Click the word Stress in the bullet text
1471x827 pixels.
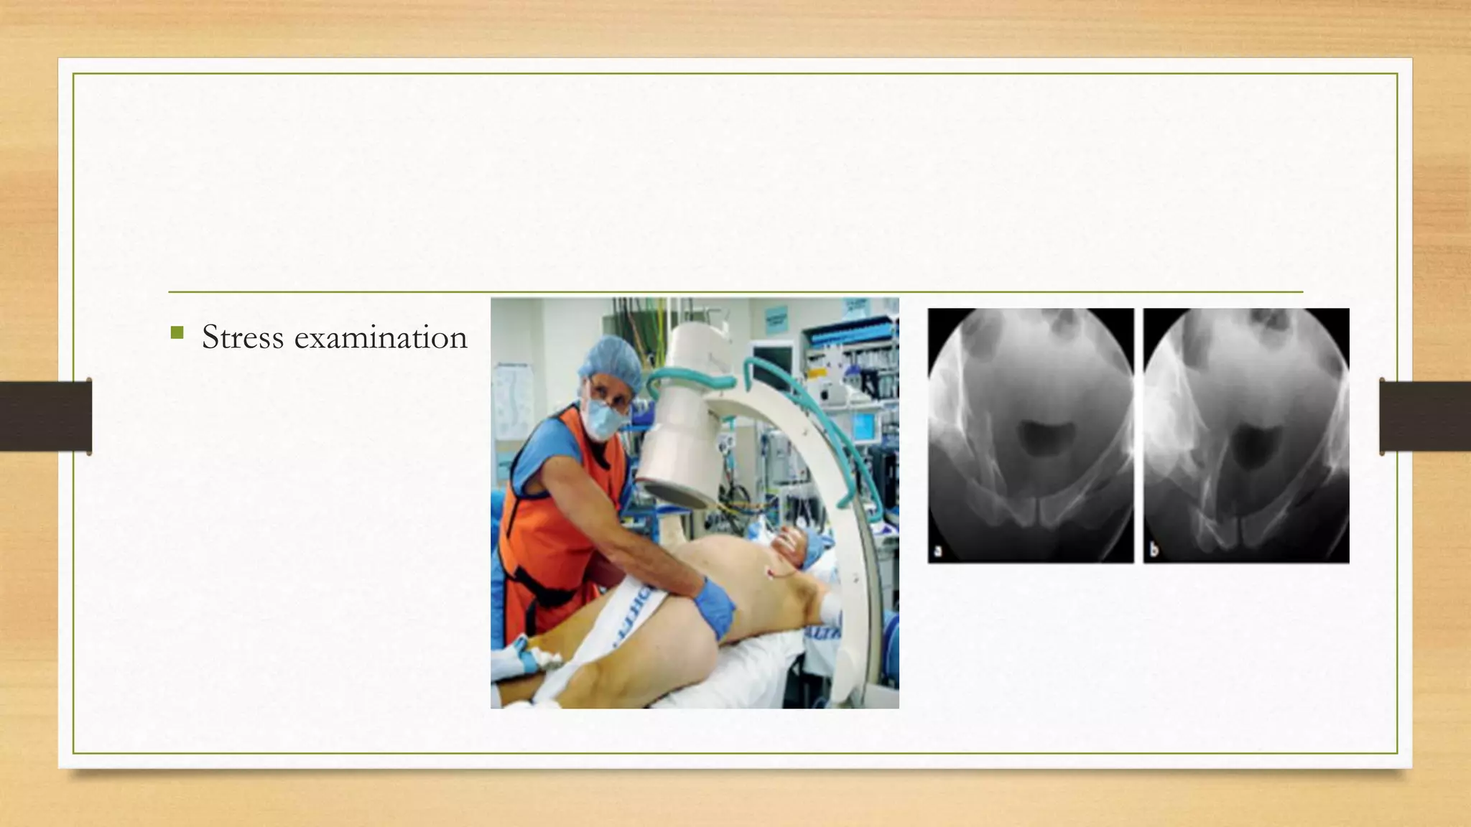243,337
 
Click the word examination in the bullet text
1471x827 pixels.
381,337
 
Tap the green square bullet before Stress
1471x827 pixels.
177,333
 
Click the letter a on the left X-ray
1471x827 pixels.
937,551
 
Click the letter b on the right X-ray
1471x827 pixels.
1153,551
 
